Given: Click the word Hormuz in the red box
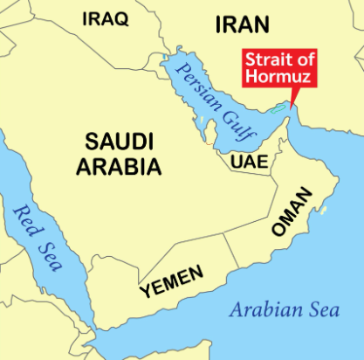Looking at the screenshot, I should (278, 78).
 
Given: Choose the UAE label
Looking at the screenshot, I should (247, 163).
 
